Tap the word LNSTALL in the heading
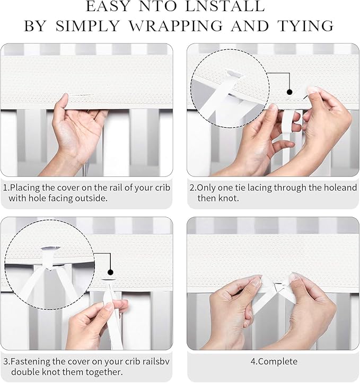[x=225, y=6]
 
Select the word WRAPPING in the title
[x=175, y=26]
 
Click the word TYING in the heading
[x=305, y=26]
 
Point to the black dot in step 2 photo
[x=289, y=92]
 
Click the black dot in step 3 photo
[x=110, y=272]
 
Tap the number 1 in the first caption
[x=5, y=188]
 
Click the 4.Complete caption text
[x=274, y=361]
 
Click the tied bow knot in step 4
[x=276, y=285]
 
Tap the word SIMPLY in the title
[x=88, y=26]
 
